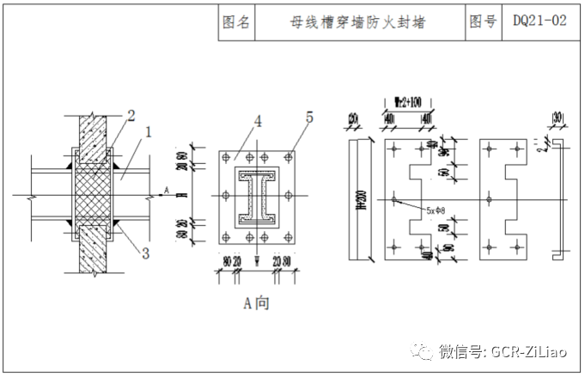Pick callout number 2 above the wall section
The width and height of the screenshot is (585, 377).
pos(131,114)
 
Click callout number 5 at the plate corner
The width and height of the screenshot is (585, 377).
pos(310,117)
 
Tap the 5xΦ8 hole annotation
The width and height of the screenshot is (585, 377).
pos(443,209)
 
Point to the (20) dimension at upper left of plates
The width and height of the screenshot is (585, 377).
pos(352,118)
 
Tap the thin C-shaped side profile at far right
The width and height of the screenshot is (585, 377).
pos(558,198)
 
